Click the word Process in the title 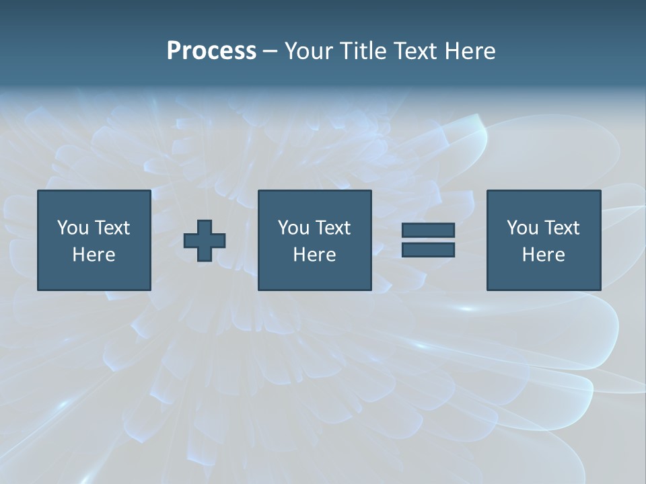click(x=211, y=51)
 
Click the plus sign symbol click(x=205, y=241)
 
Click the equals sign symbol click(x=428, y=240)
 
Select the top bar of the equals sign click(x=428, y=230)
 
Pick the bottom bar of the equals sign click(x=428, y=250)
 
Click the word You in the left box click(x=72, y=228)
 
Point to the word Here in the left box click(x=94, y=255)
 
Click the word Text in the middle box click(x=332, y=228)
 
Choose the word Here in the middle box click(x=314, y=255)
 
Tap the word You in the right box click(x=522, y=228)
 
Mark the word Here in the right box click(x=543, y=255)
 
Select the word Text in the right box click(x=561, y=228)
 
